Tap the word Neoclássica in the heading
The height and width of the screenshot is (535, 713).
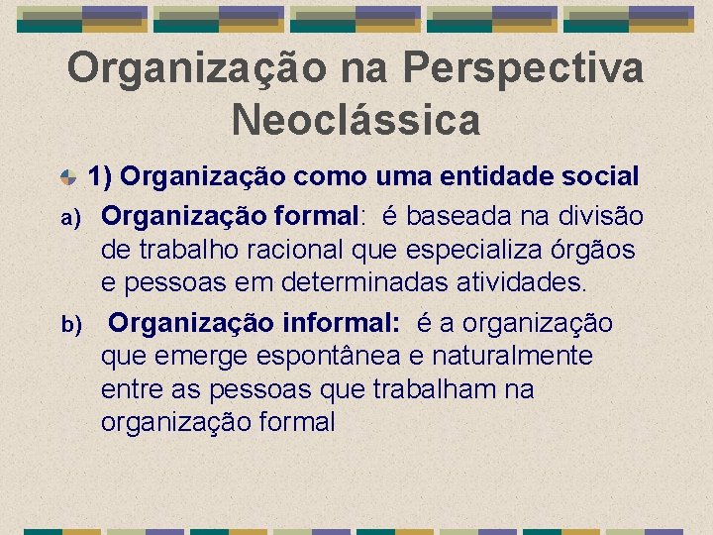tap(356, 120)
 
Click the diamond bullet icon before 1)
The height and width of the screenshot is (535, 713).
tap(68, 177)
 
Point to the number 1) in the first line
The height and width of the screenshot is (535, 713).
tap(104, 177)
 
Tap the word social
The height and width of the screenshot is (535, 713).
tap(603, 177)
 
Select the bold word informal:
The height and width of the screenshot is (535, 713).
tap(342, 323)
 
